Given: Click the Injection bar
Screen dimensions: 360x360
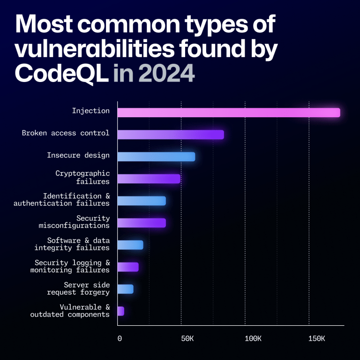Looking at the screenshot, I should (228, 112).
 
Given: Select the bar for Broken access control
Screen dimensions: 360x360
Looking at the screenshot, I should (170, 135).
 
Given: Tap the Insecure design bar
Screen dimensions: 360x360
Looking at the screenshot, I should (156, 157).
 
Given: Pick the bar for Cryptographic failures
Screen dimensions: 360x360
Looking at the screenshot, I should (149, 179).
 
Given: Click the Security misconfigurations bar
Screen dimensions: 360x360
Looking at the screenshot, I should (142, 223).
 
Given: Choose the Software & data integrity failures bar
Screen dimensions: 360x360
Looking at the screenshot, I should (130, 245).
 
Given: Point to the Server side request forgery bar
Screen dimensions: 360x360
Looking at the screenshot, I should (125, 289).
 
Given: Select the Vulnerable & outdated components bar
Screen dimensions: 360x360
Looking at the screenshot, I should (121, 311).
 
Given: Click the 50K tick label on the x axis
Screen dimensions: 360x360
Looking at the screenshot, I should (187, 338).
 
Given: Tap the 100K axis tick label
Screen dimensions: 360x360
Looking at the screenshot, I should (253, 338).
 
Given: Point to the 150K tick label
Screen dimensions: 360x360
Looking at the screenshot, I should (317, 338).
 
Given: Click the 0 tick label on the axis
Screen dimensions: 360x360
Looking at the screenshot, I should (120, 338).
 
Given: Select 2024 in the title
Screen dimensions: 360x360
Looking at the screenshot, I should (166, 74).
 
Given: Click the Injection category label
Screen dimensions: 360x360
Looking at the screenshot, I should (90, 111).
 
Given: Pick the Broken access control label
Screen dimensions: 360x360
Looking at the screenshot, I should (66, 133).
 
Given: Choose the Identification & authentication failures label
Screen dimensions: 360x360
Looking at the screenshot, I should (61, 200).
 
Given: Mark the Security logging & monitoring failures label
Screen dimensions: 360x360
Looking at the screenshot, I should (70, 266).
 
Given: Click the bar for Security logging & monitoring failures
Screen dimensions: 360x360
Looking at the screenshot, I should (128, 267).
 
